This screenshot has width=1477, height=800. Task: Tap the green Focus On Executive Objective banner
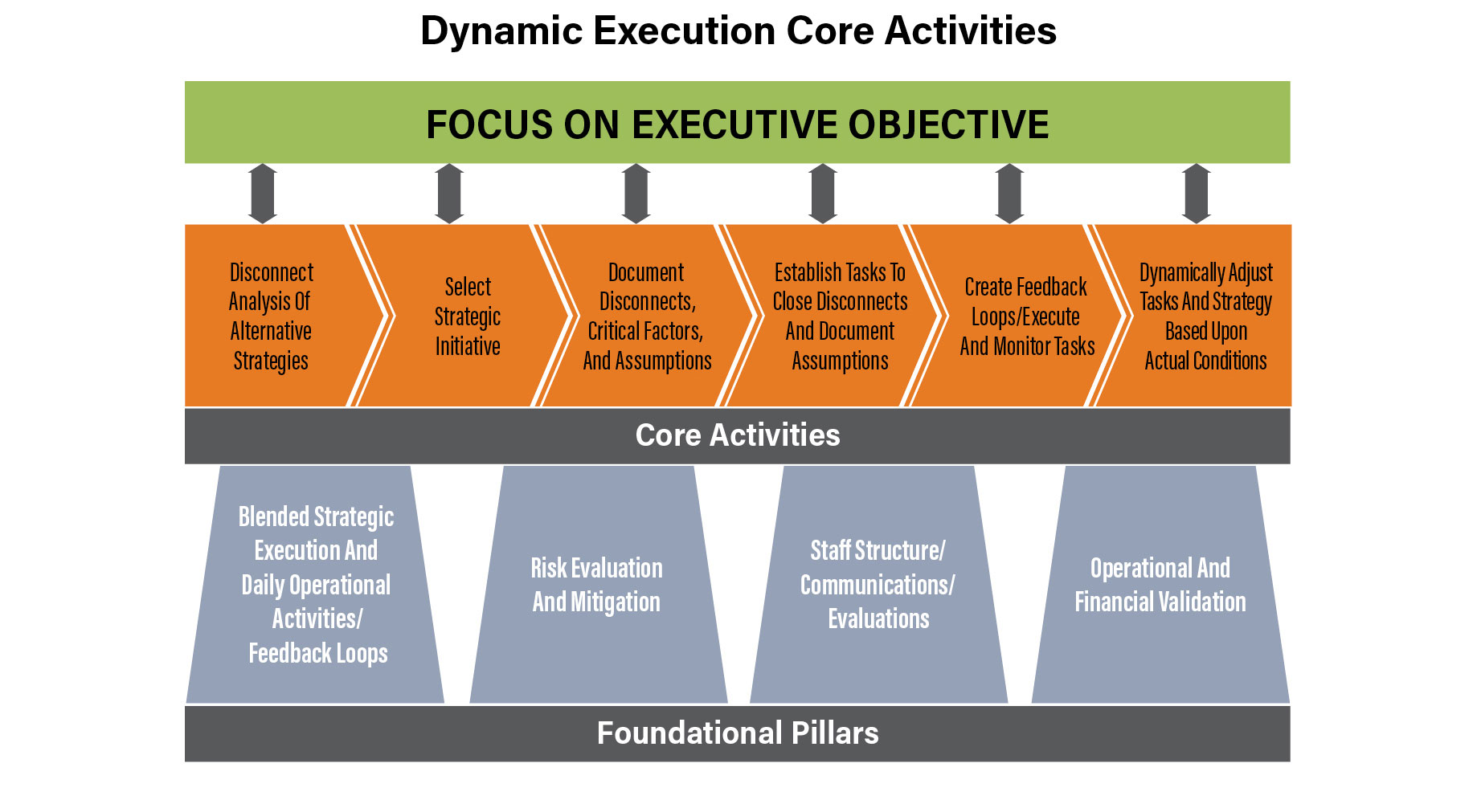tap(737, 122)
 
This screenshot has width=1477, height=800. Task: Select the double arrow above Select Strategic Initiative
tap(449, 194)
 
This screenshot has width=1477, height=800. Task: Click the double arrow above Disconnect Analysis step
tap(263, 194)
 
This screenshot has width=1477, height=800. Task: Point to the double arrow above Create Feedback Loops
tap(1009, 194)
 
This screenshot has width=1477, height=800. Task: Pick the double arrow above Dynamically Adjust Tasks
tap(1197, 194)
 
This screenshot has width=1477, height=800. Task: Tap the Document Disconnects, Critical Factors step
tap(647, 316)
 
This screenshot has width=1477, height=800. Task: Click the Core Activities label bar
tap(737, 436)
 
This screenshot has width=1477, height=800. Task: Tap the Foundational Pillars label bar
tap(737, 733)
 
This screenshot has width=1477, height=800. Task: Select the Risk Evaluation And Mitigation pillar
tap(598, 585)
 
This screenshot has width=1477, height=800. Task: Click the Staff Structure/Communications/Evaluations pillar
tap(878, 585)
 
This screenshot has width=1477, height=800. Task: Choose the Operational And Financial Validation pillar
tap(1160, 585)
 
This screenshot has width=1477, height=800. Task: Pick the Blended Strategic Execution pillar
tap(315, 585)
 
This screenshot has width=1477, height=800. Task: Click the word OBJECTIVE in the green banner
tap(948, 124)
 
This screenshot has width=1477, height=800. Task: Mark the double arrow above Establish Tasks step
tap(823, 194)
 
